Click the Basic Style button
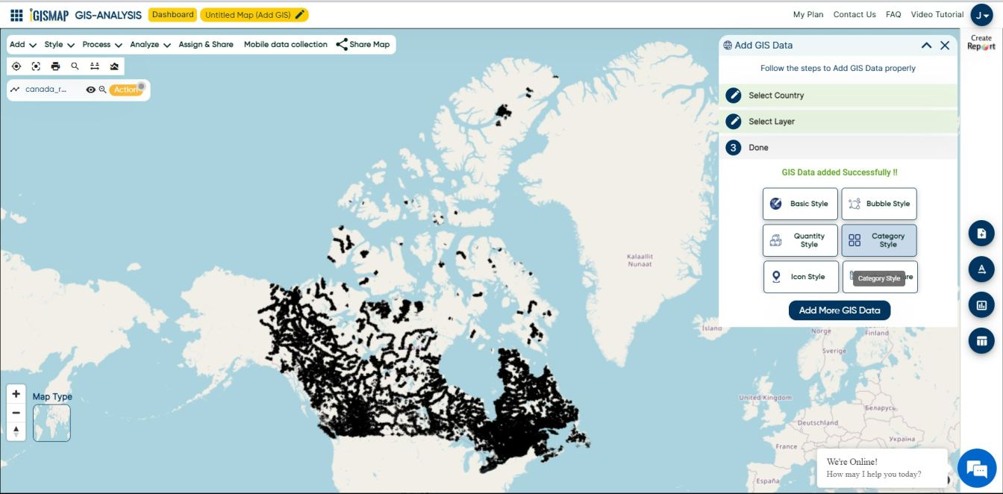click(x=800, y=204)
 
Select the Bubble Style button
click(x=879, y=204)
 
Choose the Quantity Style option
click(x=800, y=240)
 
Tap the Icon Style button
click(x=800, y=277)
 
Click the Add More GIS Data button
click(x=839, y=310)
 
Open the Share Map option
click(x=363, y=45)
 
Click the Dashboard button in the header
click(x=172, y=14)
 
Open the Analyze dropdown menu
click(x=150, y=45)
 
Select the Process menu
click(x=101, y=45)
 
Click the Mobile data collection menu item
click(x=285, y=45)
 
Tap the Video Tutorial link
click(x=937, y=14)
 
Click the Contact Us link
click(x=854, y=14)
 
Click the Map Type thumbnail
click(x=51, y=423)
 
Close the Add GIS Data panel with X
click(x=945, y=46)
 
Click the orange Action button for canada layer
click(x=125, y=90)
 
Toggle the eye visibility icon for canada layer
click(x=90, y=90)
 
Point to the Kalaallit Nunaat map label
click(x=640, y=260)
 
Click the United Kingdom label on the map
click(x=765, y=398)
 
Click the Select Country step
click(x=776, y=96)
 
